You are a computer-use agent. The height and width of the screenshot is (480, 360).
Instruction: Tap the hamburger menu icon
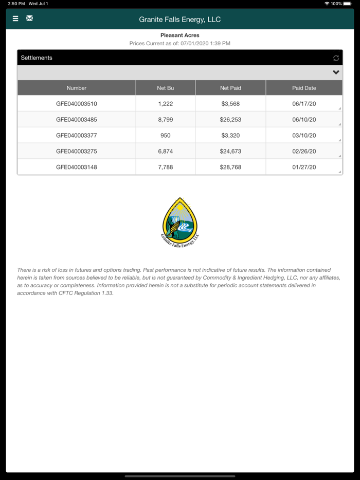[x=15, y=19]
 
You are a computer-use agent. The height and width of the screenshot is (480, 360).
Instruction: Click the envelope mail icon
[x=30, y=19]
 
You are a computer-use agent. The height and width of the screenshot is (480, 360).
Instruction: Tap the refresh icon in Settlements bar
[x=336, y=58]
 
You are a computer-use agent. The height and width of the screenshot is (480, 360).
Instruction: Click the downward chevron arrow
[x=336, y=72]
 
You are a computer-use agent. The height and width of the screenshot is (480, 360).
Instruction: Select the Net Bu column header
[x=166, y=88]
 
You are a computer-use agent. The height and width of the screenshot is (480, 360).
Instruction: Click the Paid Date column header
[x=304, y=88]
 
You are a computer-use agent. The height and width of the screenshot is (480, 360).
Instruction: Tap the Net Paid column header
[x=230, y=88]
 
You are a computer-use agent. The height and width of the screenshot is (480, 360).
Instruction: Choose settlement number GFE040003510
[x=77, y=104]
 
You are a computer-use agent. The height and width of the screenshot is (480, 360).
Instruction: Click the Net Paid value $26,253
[x=230, y=120]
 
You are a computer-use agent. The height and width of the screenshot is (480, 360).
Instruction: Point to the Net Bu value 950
[x=166, y=136]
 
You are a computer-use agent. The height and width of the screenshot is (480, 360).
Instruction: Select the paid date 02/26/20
[x=304, y=152]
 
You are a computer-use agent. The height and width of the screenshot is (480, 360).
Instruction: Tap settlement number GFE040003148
[x=77, y=167]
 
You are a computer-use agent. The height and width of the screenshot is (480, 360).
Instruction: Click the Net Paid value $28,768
[x=230, y=167]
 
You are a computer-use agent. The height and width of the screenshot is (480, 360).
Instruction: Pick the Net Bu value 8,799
[x=166, y=120]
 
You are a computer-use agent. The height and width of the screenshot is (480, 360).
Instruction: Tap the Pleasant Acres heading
[x=180, y=35]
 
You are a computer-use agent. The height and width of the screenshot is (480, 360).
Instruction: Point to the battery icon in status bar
[x=347, y=4]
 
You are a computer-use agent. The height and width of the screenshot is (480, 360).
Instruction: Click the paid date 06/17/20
[x=304, y=104]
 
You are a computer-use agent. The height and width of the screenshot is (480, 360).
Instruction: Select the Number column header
[x=77, y=88]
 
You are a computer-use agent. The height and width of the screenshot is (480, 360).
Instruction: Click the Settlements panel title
[x=37, y=58]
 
